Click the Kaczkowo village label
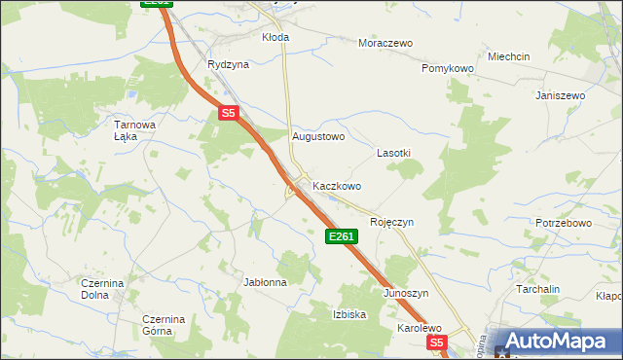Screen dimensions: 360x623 coord(337,185)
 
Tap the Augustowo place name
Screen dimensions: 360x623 coord(318,137)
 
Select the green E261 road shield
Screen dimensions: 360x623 coord(342,236)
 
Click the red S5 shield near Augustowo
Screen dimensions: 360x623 coord(229,114)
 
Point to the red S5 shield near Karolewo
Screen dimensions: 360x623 coord(437,342)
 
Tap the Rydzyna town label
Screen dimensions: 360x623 coord(228,64)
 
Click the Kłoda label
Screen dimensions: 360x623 coord(275,37)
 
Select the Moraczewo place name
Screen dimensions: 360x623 coord(385,44)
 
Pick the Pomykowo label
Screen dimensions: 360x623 coord(447,69)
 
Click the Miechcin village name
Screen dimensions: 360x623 coord(509,56)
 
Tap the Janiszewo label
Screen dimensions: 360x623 coord(560,95)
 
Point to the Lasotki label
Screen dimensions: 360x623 coord(393,154)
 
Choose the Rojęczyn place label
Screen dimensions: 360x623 coord(391,222)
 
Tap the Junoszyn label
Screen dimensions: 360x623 coord(406,293)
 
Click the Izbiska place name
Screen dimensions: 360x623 coord(348,314)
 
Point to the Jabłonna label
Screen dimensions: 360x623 coord(265,282)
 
